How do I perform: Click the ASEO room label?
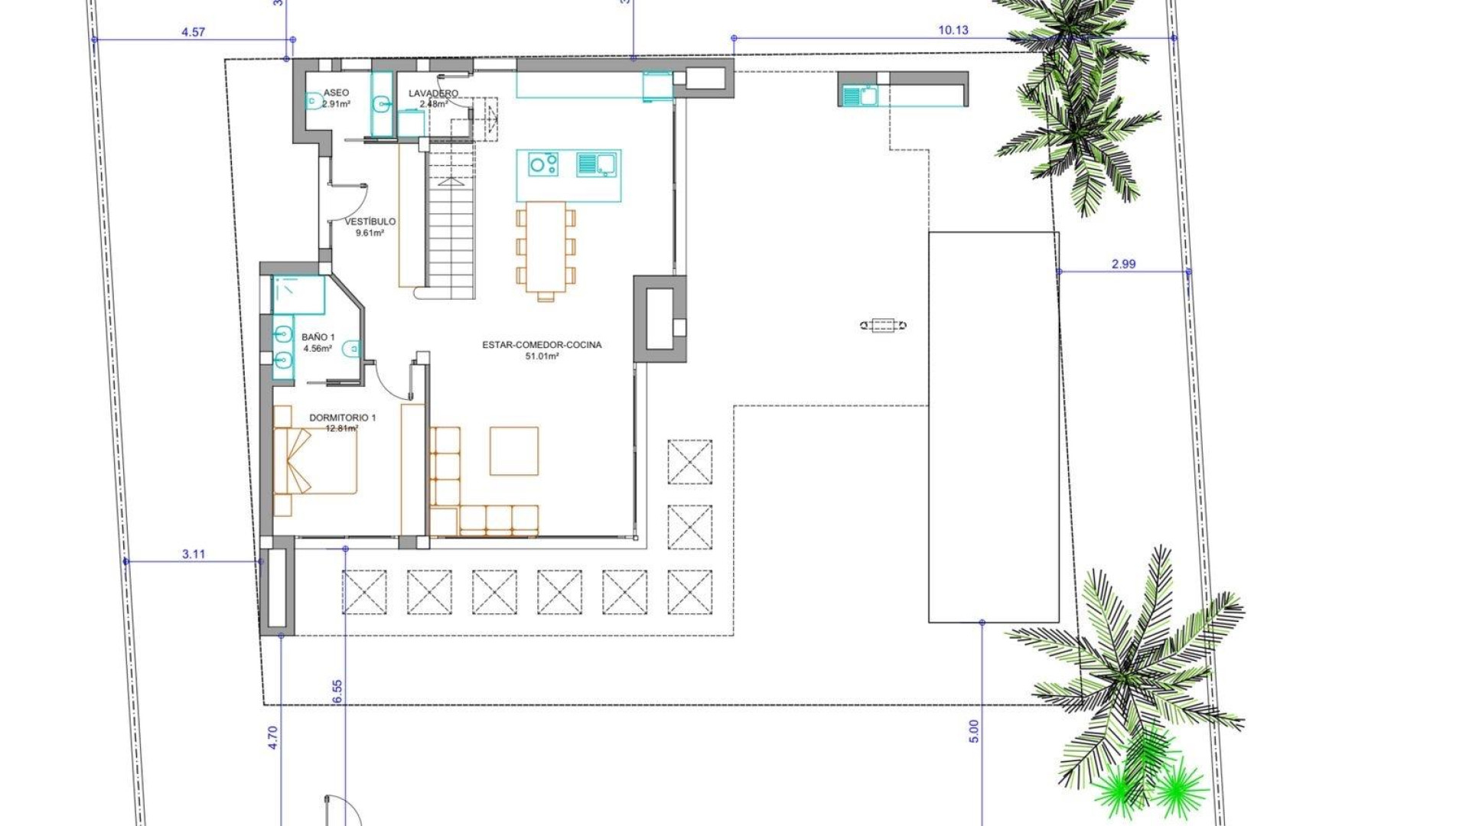click(x=336, y=93)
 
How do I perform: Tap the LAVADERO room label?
click(x=433, y=93)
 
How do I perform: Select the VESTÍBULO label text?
click(x=370, y=222)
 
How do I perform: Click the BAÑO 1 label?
click(x=318, y=337)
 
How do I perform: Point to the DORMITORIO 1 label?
click(x=342, y=418)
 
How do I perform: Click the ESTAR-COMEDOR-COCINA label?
click(x=542, y=345)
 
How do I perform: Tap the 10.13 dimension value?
click(x=953, y=31)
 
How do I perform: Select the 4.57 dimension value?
click(x=193, y=32)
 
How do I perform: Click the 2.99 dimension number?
click(x=1123, y=265)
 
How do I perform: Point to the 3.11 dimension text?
click(x=194, y=554)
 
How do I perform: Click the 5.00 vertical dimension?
click(x=973, y=730)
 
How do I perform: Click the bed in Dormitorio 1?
click(x=315, y=460)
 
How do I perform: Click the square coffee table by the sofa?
click(x=514, y=451)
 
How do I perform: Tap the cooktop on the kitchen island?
click(x=543, y=164)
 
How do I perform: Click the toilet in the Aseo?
click(x=313, y=101)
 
